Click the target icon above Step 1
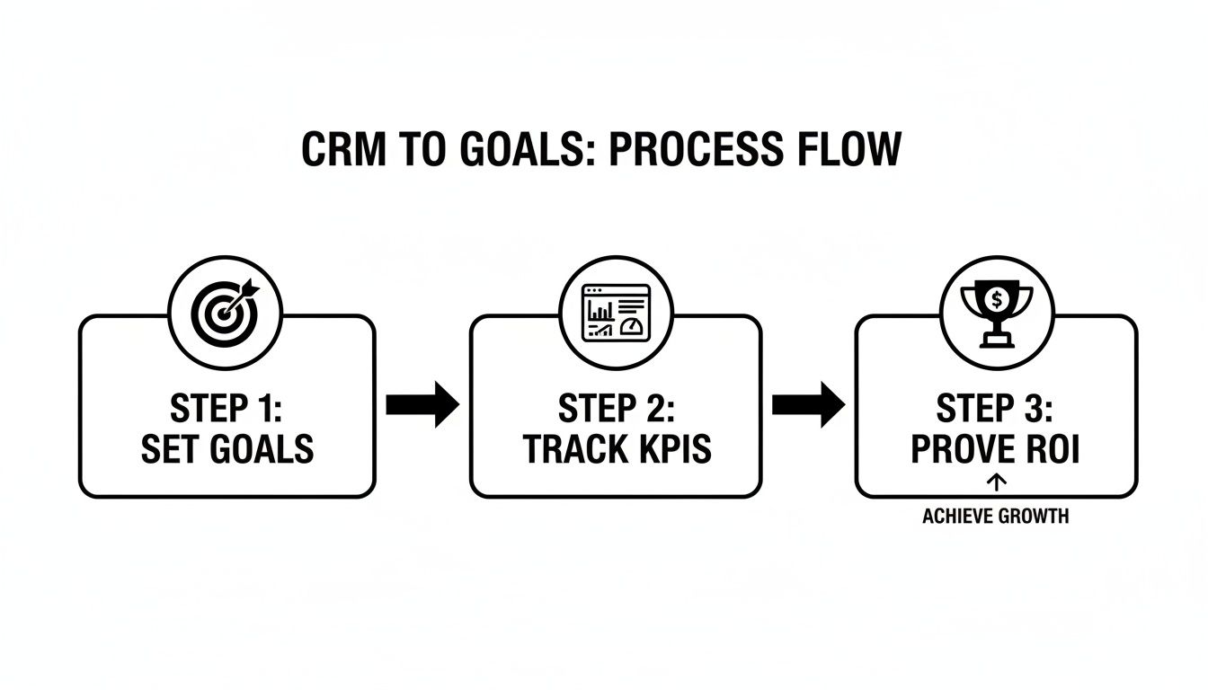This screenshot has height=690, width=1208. click(226, 313)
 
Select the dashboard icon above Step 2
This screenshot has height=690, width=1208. click(616, 313)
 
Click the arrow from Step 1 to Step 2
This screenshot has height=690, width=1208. click(422, 404)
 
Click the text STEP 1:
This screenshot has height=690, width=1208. click(226, 410)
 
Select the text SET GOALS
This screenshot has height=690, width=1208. click(226, 448)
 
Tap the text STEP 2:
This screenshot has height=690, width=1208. click(616, 410)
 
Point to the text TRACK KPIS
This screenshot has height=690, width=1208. click(616, 448)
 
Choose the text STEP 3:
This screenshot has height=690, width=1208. click(995, 410)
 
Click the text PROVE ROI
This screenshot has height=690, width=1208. click(995, 448)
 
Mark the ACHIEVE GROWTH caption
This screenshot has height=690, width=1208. click(995, 517)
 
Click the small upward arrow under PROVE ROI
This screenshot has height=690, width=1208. click(996, 482)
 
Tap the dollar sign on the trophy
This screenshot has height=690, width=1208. click(995, 296)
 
